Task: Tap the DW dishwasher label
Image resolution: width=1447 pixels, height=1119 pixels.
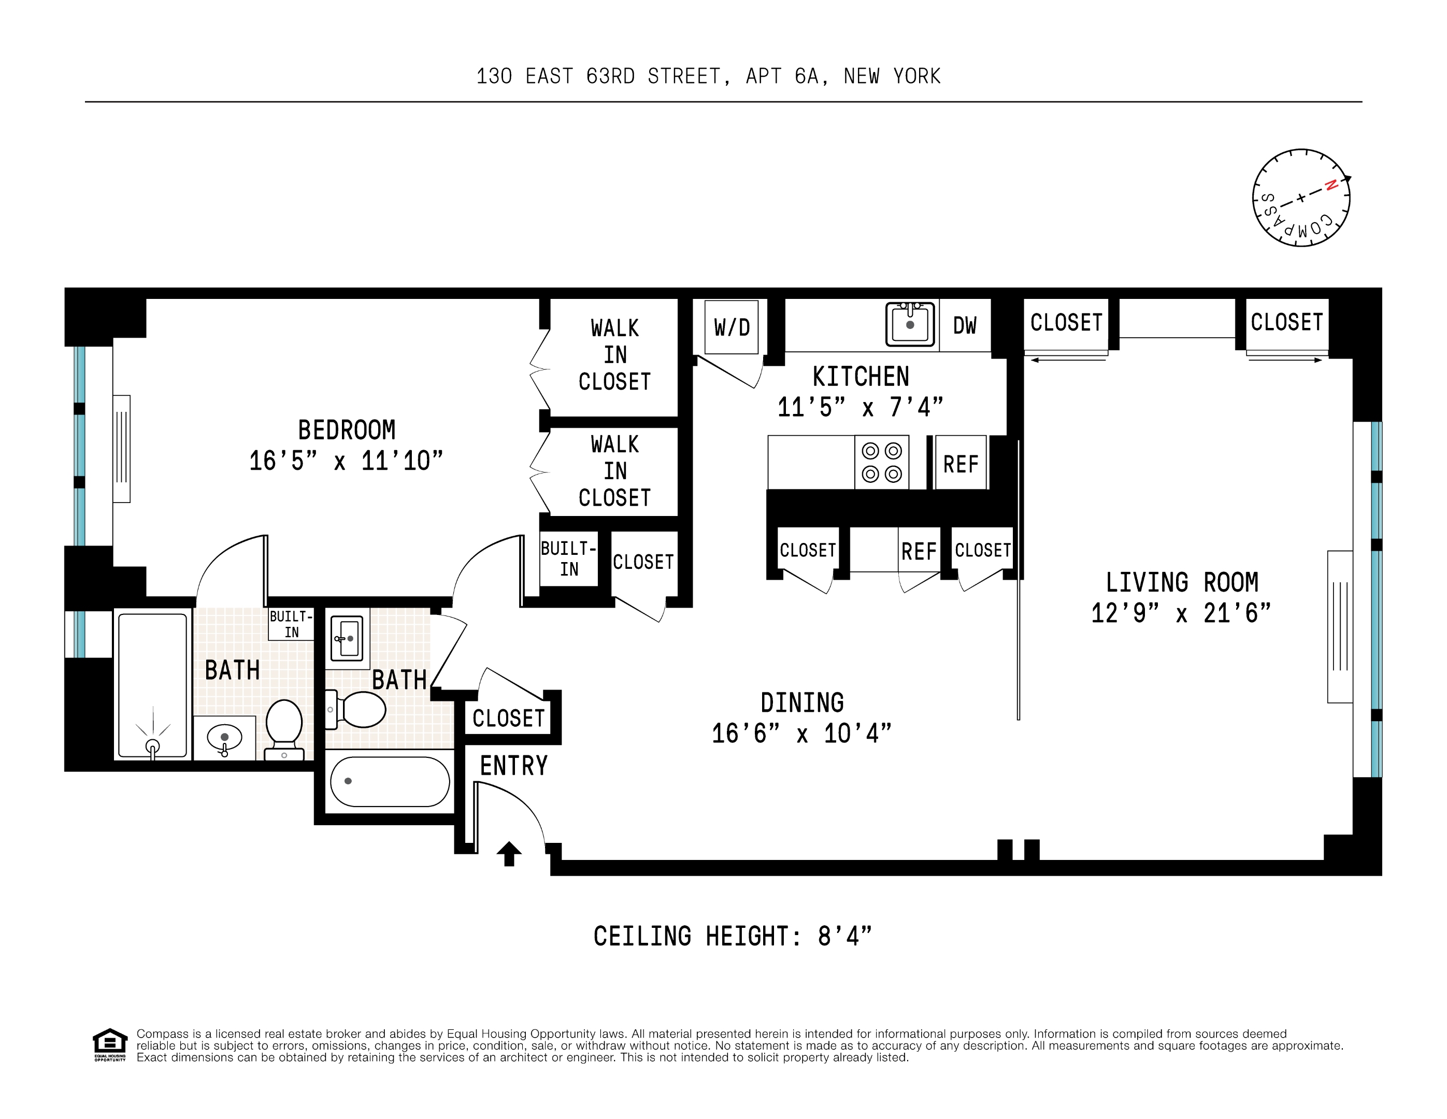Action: [x=965, y=325]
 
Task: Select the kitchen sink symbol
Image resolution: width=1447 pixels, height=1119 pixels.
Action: [x=910, y=324]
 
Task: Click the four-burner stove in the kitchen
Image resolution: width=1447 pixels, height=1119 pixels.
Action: [x=881, y=463]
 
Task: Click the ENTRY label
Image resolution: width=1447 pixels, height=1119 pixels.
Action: [x=513, y=766]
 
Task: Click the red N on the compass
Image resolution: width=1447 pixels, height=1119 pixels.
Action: [x=1330, y=185]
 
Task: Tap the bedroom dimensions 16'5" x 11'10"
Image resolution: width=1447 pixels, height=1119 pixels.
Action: [x=346, y=461]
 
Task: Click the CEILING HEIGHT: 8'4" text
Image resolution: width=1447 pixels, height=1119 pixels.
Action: [x=732, y=936]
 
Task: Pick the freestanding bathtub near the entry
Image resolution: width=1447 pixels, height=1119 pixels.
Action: [x=390, y=782]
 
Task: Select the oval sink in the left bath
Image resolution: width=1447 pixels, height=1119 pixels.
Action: [x=225, y=737]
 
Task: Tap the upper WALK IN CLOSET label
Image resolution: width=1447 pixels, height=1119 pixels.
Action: [x=615, y=354]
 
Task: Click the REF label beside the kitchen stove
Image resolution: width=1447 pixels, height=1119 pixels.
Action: [x=961, y=464]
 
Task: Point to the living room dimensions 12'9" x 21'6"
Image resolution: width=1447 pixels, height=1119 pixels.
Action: [x=1181, y=613]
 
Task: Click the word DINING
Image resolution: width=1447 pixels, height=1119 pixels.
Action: [x=801, y=702]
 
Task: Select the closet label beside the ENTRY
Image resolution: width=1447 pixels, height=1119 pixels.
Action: [x=508, y=718]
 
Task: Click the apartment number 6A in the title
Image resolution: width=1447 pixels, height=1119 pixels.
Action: [x=806, y=76]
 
